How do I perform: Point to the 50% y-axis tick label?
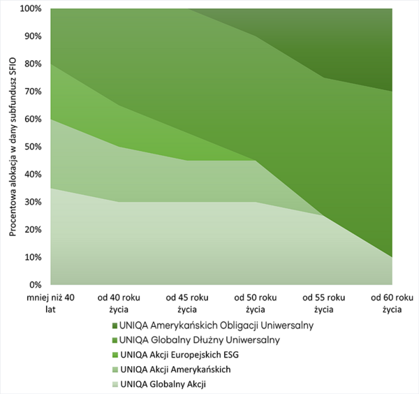click(x=32, y=147)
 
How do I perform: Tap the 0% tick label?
click(x=36, y=285)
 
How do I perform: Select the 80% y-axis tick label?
click(x=32, y=64)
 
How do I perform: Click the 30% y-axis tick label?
click(x=32, y=202)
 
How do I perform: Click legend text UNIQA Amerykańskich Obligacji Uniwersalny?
click(x=217, y=325)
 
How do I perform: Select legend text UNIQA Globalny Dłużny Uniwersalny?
click(x=200, y=340)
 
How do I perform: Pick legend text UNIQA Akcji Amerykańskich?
click(x=175, y=369)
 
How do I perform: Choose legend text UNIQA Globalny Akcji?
click(x=163, y=384)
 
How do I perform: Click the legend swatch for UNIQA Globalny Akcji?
click(x=113, y=384)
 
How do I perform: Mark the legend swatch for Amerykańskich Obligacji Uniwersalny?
click(x=113, y=325)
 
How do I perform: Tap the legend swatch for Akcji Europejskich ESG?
click(x=113, y=354)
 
